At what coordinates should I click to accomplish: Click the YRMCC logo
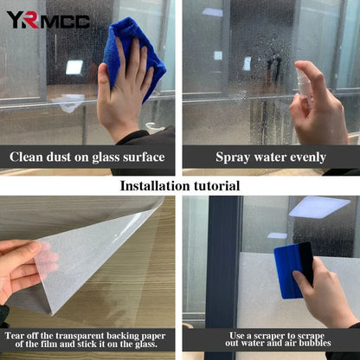pyautogui.click(x=48, y=19)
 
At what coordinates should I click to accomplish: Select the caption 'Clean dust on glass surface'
pyautogui.click(x=87, y=157)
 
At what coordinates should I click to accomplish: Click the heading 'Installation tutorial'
pyautogui.click(x=180, y=185)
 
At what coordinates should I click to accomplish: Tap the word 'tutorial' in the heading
pyautogui.click(x=214, y=185)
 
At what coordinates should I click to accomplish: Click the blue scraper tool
pyautogui.click(x=292, y=268)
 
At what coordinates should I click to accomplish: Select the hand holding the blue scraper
pyautogui.click(x=325, y=294)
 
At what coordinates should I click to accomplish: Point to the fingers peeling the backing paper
pyautogui.click(x=22, y=264)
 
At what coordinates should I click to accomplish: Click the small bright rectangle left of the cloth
pyautogui.click(x=74, y=67)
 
